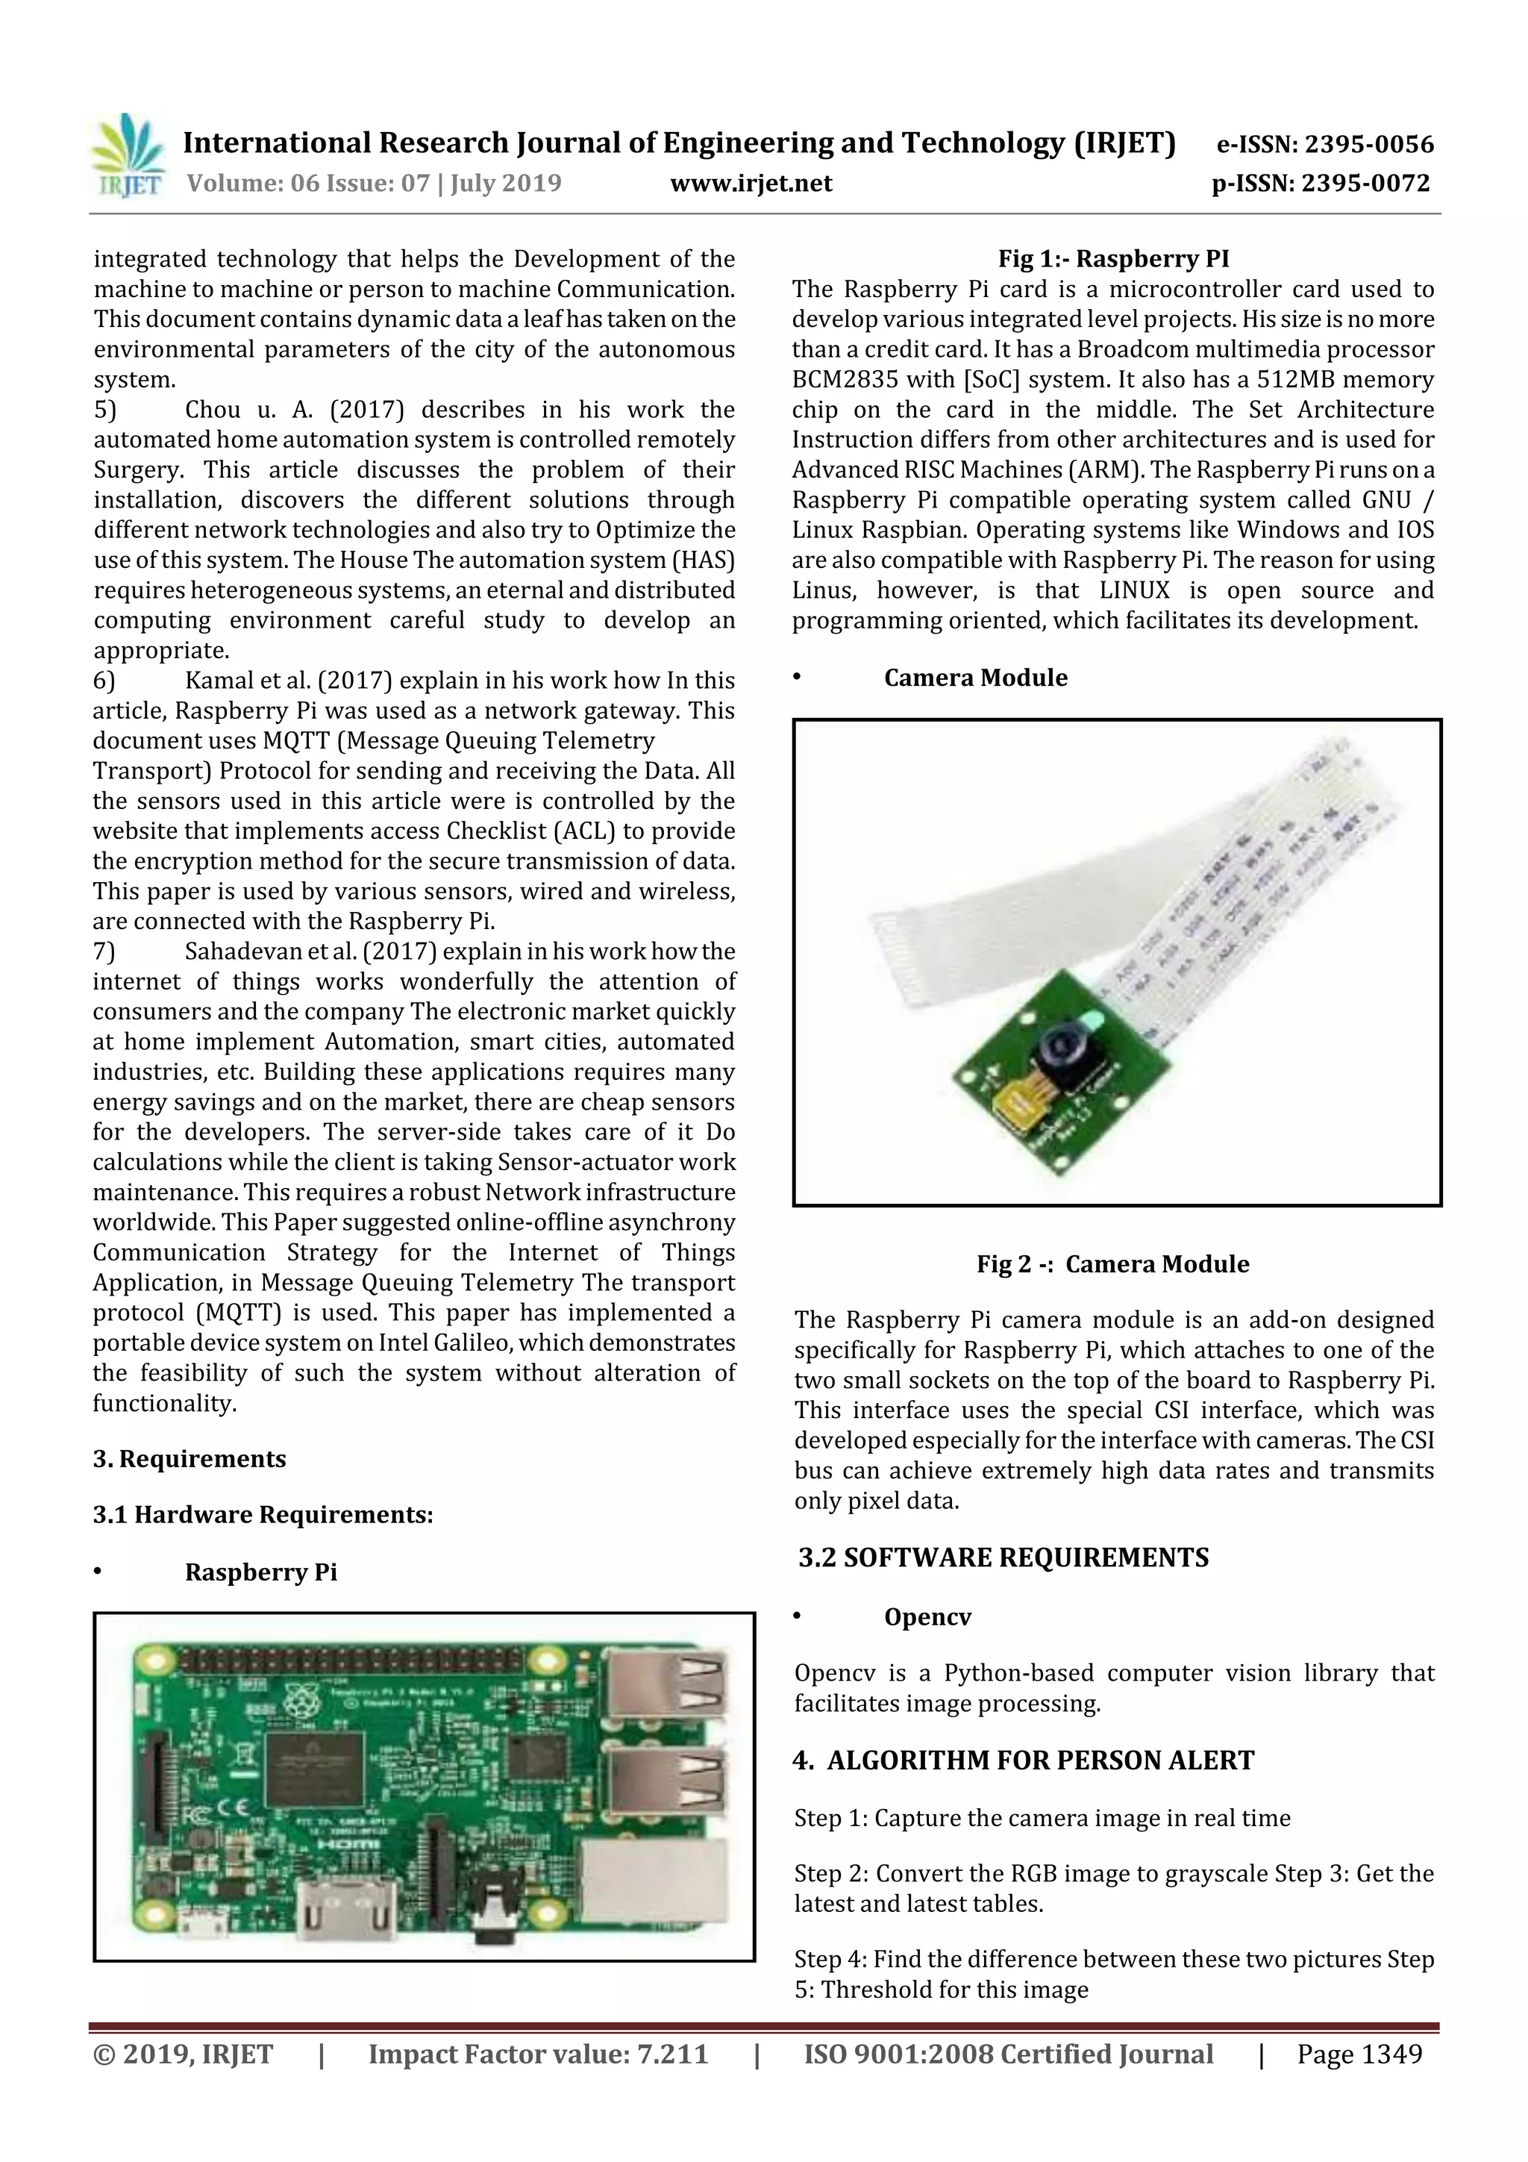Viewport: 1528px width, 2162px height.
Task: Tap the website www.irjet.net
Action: point(751,183)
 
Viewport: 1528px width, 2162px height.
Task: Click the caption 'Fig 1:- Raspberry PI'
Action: point(1114,258)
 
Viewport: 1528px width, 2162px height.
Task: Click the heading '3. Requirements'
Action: point(190,1458)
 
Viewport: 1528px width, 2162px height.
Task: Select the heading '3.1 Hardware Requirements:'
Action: point(263,1514)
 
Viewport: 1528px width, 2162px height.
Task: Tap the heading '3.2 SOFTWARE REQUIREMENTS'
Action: point(1003,1558)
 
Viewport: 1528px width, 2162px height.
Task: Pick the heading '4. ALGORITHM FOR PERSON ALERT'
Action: point(1024,1760)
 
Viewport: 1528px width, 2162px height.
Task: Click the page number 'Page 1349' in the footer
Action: point(1359,2054)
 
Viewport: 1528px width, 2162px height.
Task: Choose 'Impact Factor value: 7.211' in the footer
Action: point(538,2054)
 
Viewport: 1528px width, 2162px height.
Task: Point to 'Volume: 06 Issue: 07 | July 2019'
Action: point(374,183)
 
